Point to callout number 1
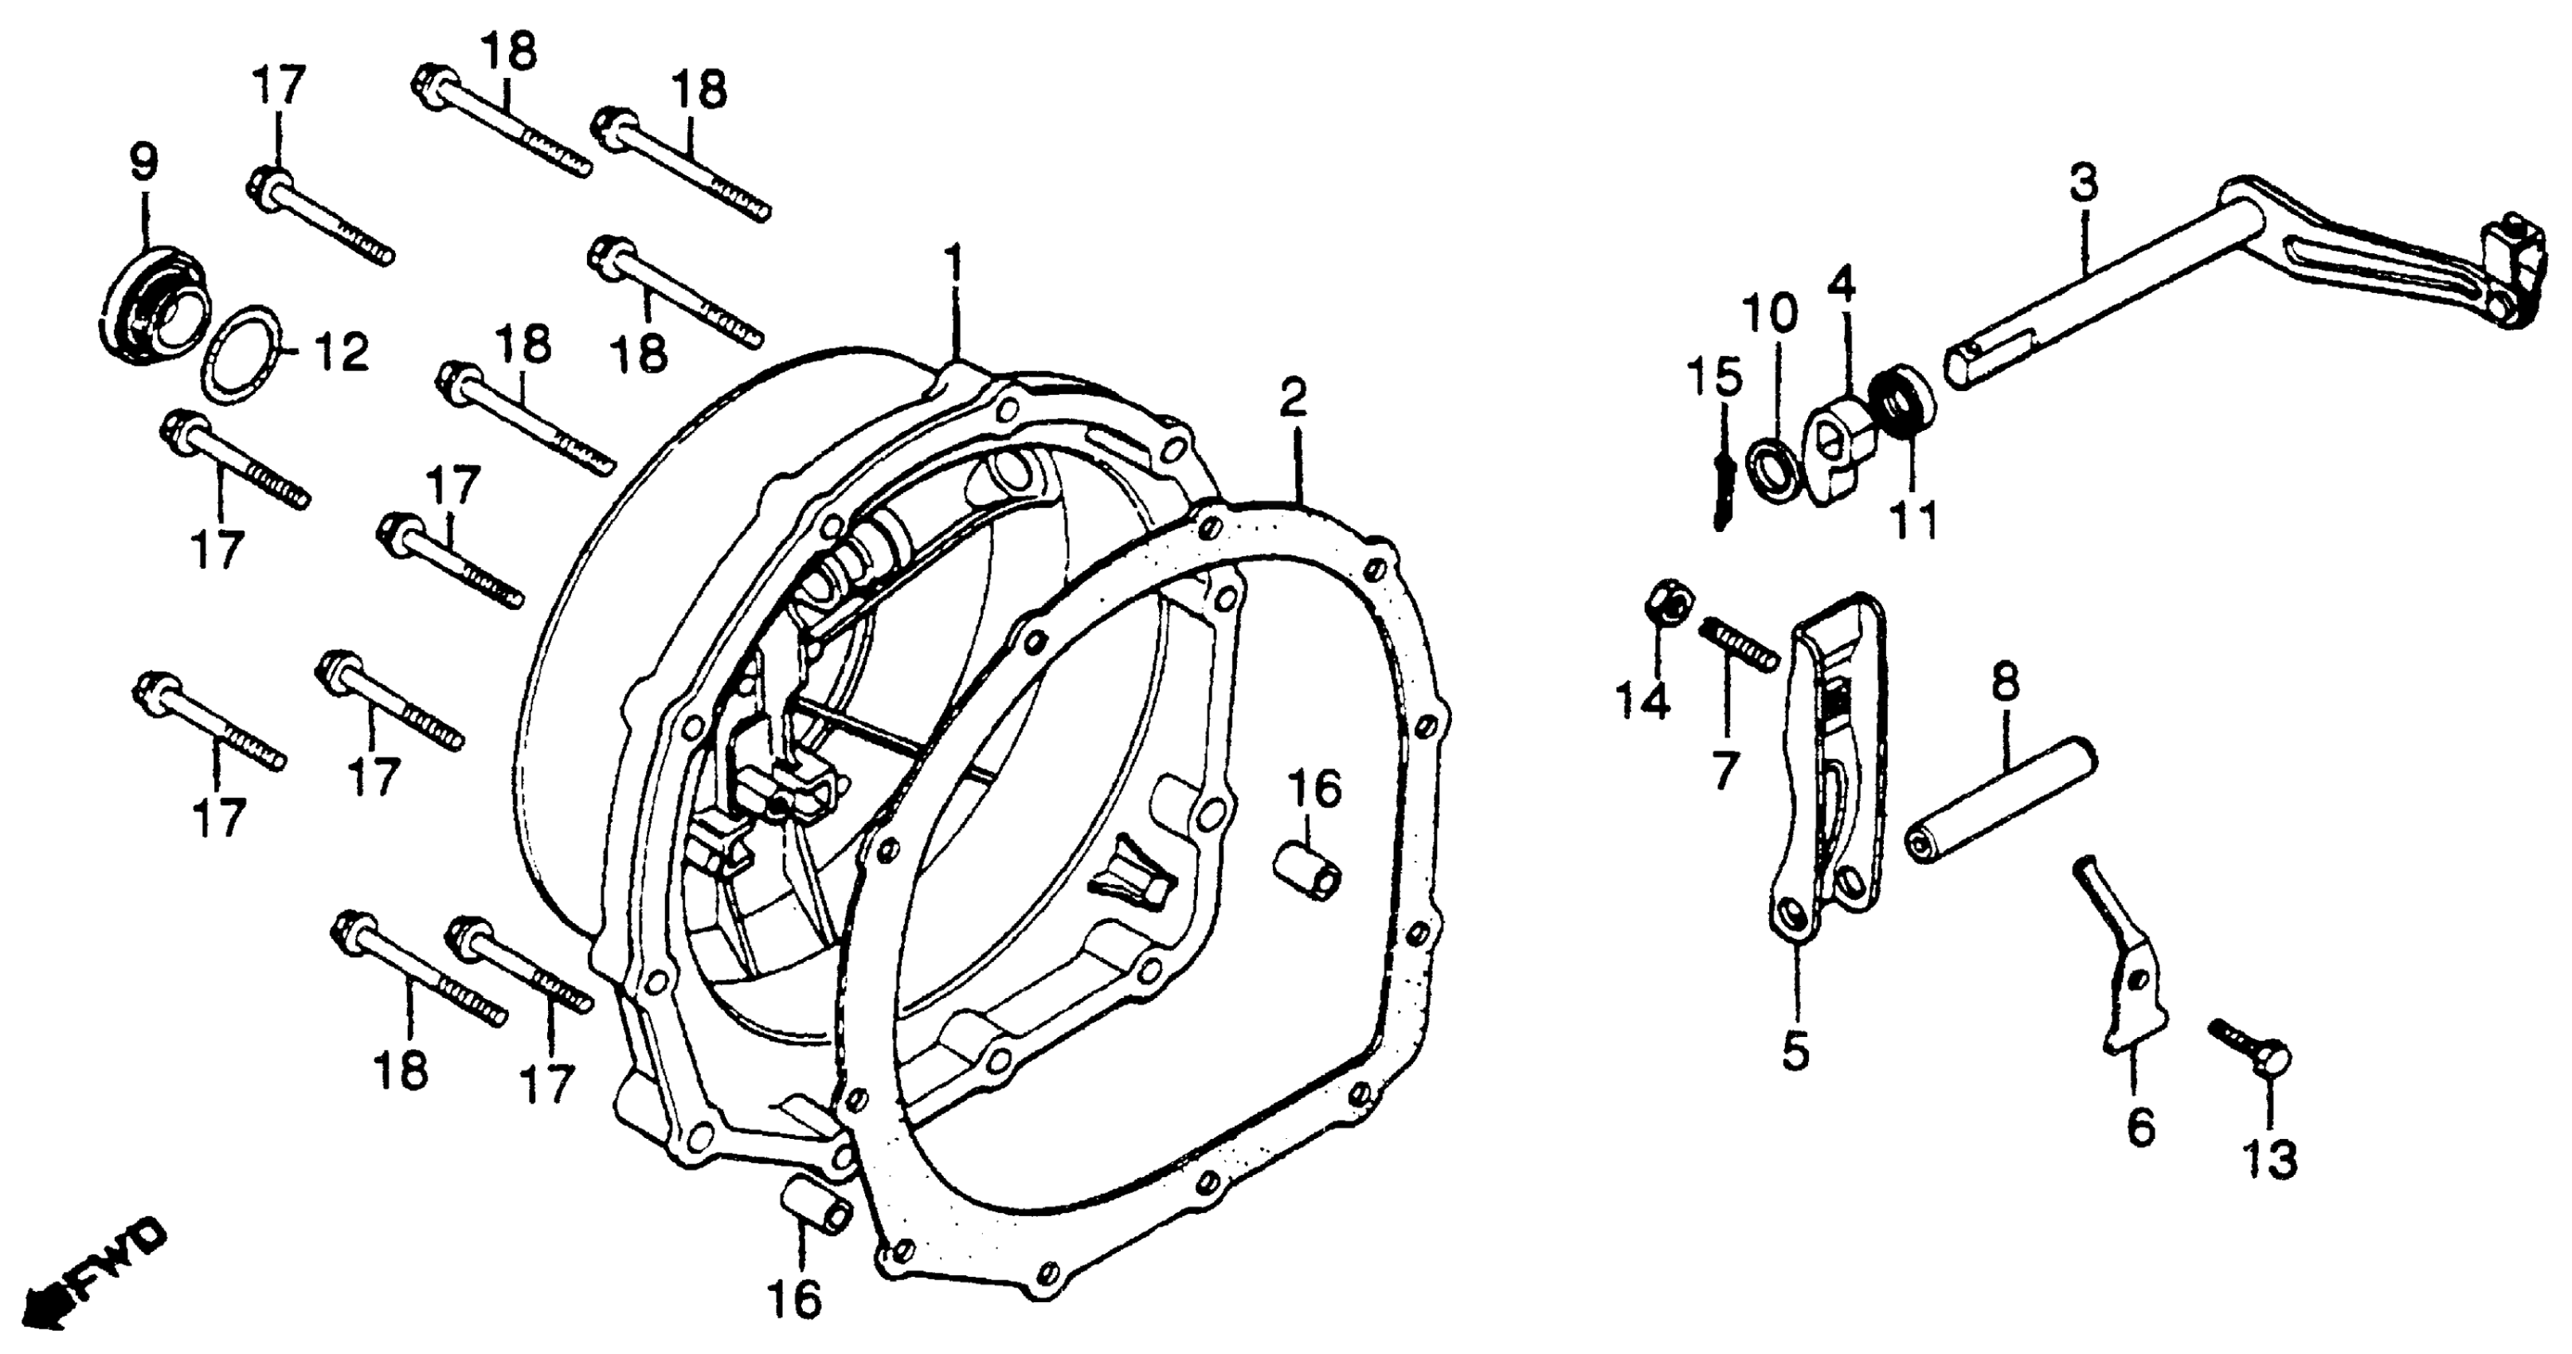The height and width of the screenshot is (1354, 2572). tap(956, 265)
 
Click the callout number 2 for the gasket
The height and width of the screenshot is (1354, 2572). tap(1293, 399)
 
